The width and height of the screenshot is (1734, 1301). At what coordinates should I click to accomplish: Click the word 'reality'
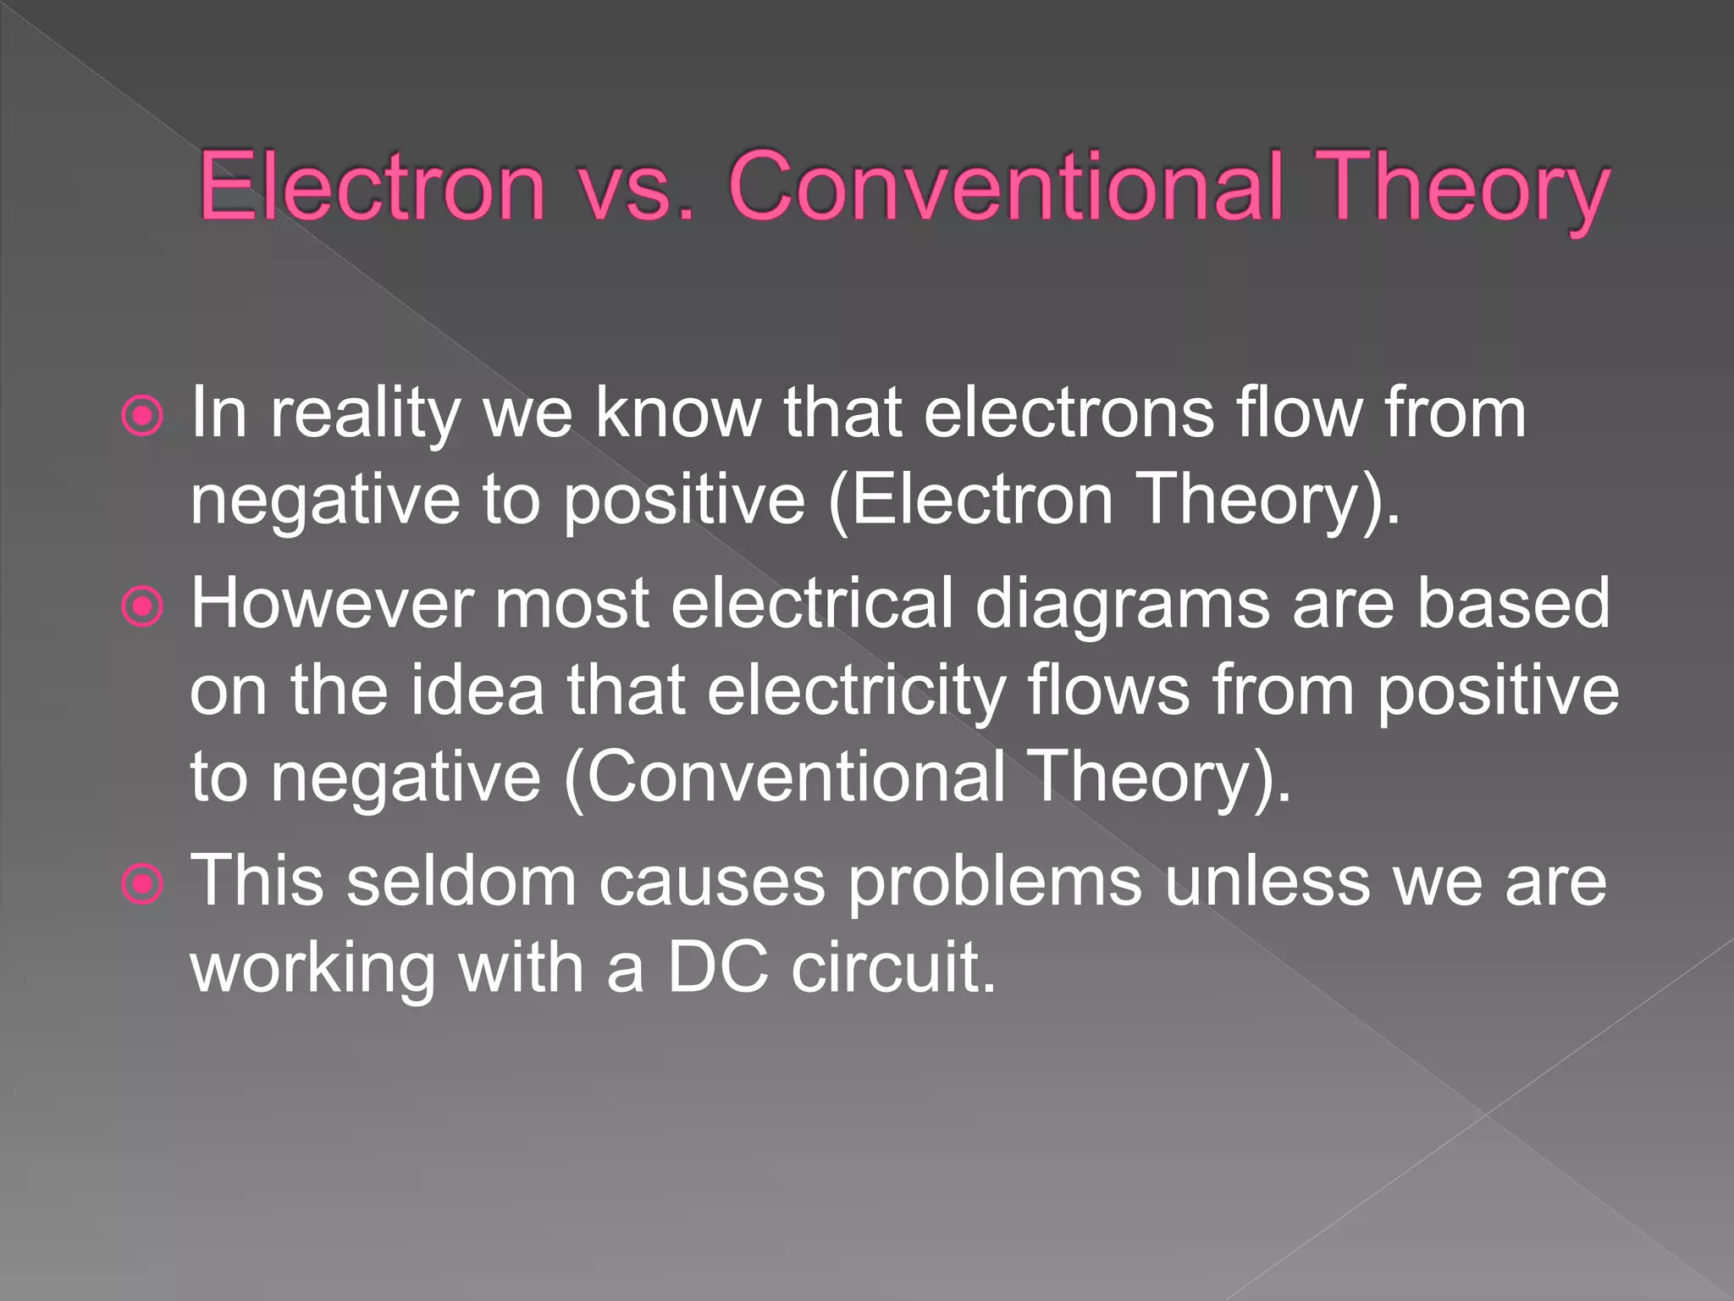point(364,415)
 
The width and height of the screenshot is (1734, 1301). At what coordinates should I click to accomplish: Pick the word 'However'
point(331,604)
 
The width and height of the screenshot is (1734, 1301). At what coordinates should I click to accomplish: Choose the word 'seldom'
point(461,882)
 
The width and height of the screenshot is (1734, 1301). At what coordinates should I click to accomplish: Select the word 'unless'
point(1267,882)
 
